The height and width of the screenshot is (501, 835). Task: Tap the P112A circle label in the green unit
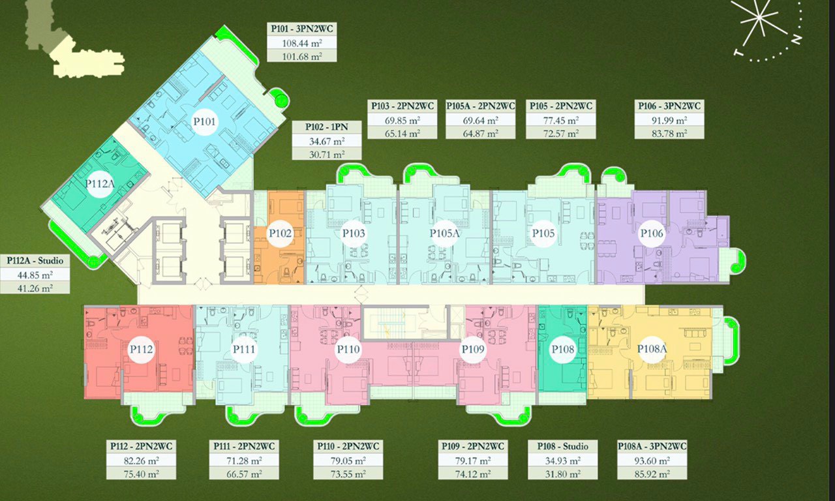point(100,183)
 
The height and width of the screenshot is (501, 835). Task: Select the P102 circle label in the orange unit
point(280,233)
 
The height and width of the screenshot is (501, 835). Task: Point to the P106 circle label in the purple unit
point(652,233)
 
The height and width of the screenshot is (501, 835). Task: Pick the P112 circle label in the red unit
point(141,349)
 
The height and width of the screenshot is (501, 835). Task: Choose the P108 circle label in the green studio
point(562,349)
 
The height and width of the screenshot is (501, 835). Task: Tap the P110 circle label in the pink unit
point(348,349)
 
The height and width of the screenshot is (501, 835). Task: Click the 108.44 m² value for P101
point(301,43)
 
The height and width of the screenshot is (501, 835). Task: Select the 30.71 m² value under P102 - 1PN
point(326,154)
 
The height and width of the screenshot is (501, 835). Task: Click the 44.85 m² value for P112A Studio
point(35,275)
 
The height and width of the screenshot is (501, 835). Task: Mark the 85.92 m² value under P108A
point(652,474)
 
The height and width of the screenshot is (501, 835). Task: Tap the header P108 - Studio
point(562,446)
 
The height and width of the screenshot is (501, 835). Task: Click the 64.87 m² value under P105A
point(480,133)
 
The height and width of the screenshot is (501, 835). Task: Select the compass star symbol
point(759,22)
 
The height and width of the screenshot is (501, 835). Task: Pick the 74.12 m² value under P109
point(472,474)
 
